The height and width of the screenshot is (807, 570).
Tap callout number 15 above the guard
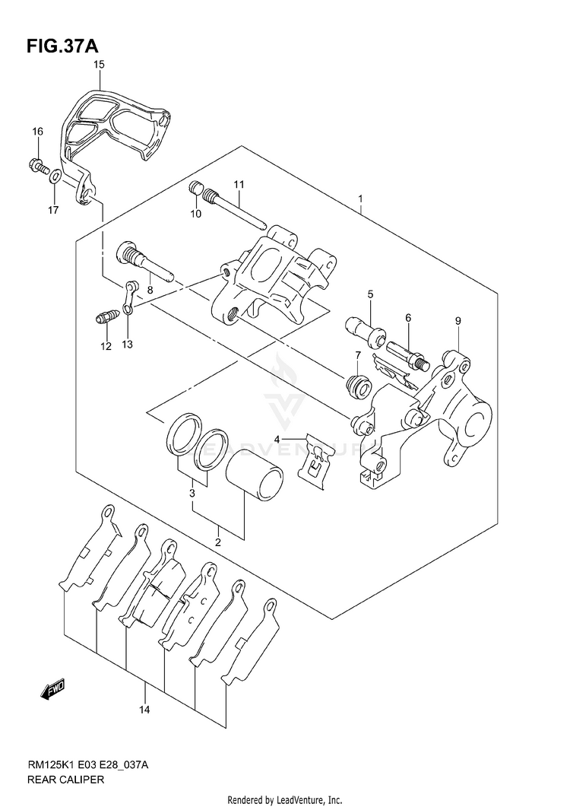click(x=99, y=66)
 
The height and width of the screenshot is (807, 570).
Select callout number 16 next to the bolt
click(x=36, y=132)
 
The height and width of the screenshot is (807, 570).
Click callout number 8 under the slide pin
click(x=150, y=290)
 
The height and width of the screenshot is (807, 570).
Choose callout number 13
click(x=127, y=345)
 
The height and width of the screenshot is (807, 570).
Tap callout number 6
click(x=407, y=317)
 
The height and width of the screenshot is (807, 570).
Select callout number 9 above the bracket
click(x=457, y=321)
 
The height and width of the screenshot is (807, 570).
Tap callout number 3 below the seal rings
click(x=193, y=494)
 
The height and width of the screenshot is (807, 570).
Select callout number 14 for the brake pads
click(x=144, y=710)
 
